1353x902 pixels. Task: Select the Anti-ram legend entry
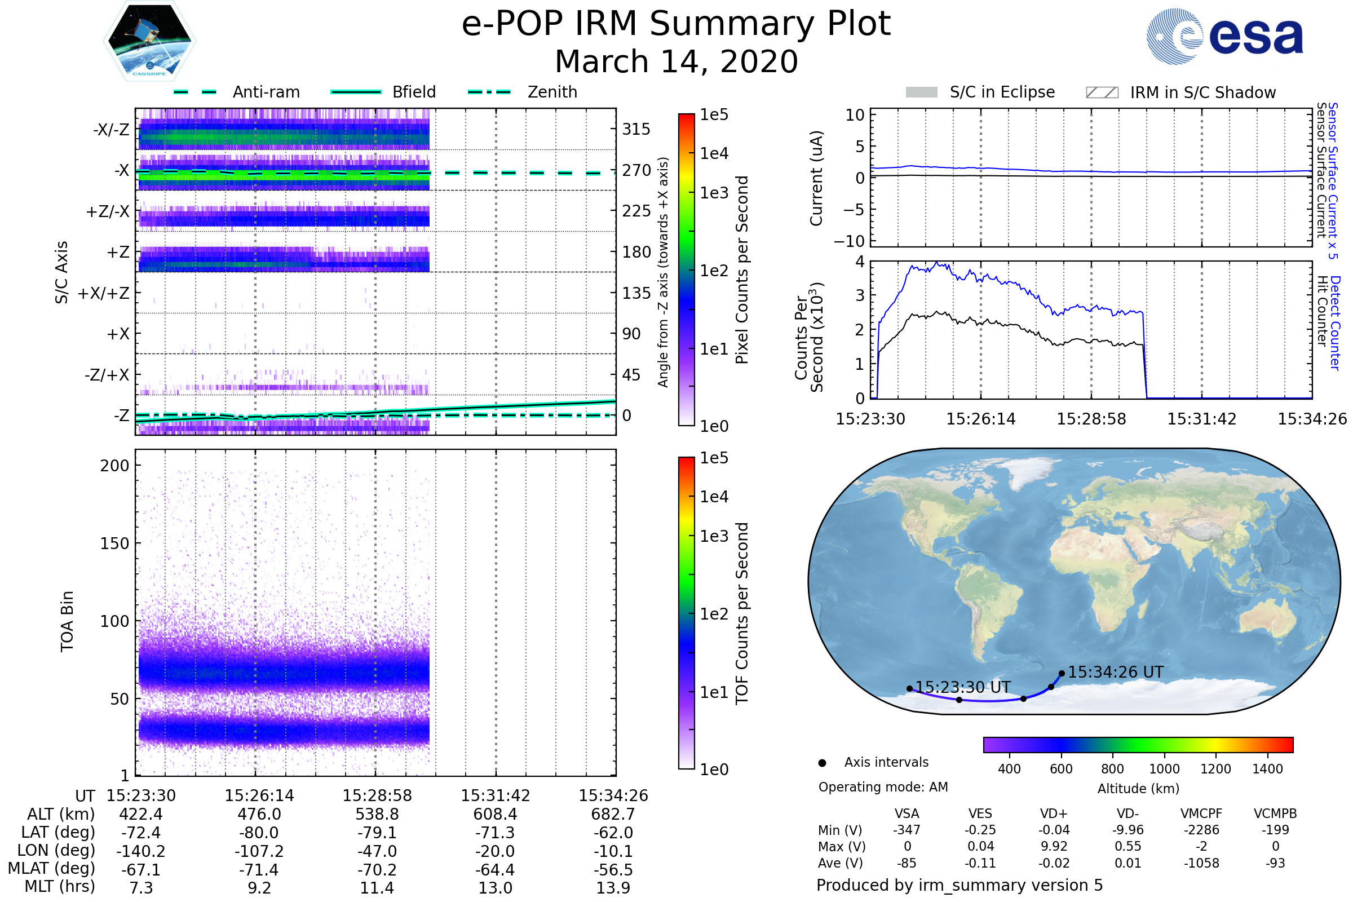(x=266, y=92)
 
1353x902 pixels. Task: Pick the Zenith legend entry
(x=552, y=92)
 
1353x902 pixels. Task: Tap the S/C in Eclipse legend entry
(x=1002, y=92)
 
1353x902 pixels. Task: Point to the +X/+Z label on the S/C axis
(x=104, y=293)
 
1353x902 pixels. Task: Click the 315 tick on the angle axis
(x=636, y=129)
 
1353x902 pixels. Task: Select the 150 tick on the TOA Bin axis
(x=114, y=543)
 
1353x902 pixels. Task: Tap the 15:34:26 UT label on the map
(x=1116, y=672)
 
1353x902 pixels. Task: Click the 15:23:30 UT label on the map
(x=962, y=687)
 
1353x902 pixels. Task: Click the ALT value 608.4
(x=496, y=815)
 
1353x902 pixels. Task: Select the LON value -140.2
(x=140, y=851)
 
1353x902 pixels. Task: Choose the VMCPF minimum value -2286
(x=1201, y=830)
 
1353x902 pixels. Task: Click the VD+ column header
(x=1053, y=813)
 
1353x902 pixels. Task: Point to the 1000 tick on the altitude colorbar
(x=1164, y=769)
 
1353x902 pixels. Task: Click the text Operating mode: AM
(x=883, y=787)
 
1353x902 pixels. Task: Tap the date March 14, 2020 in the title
(x=676, y=61)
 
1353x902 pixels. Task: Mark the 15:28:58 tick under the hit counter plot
(x=1091, y=419)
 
